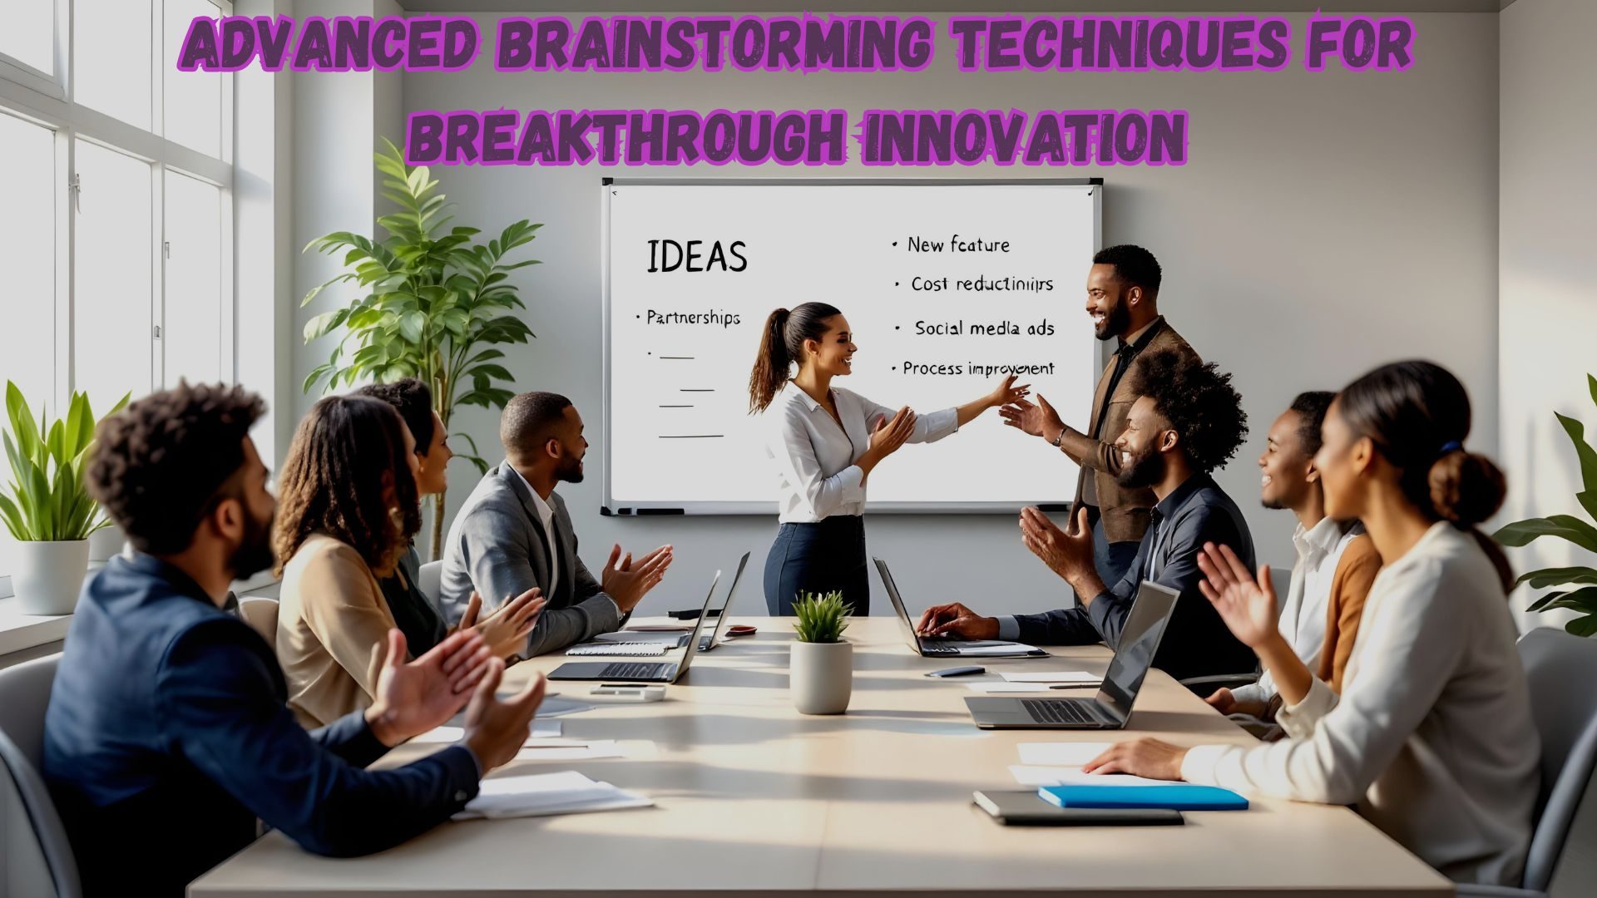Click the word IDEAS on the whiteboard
click(697, 257)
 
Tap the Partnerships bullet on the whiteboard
click(693, 318)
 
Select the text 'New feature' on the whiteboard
click(957, 245)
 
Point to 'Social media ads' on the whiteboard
click(984, 328)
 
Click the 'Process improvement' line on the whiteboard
click(977, 368)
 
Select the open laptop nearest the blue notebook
click(1081, 665)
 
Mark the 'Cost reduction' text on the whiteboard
click(981, 284)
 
